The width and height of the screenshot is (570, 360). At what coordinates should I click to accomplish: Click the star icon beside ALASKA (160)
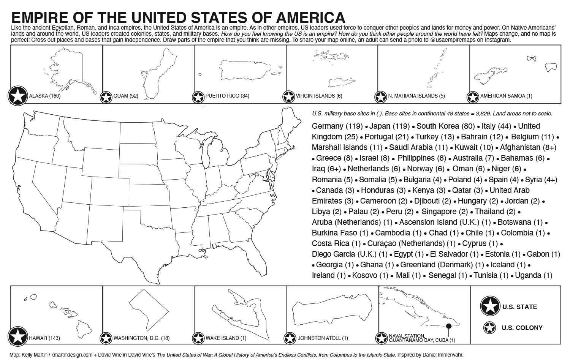17,96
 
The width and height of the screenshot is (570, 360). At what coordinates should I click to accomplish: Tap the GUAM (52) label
125,96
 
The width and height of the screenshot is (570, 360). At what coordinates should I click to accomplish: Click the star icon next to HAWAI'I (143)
17,336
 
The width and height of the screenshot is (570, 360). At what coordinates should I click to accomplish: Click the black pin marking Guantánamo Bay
449,326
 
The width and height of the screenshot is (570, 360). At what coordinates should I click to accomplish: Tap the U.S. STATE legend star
490,306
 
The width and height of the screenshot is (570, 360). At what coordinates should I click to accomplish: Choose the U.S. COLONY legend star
490,328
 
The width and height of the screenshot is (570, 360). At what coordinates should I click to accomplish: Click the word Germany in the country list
327,126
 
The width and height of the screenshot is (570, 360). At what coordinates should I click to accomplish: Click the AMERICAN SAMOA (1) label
506,96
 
